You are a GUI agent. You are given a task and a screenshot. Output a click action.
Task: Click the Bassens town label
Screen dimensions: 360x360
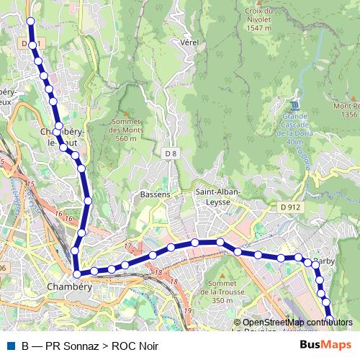pos(155,195)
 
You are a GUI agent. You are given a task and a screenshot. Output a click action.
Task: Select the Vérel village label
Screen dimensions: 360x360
pos(190,42)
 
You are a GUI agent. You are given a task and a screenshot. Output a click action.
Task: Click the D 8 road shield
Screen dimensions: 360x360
pos(170,153)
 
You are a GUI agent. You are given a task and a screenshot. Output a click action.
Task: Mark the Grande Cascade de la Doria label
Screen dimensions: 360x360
pos(295,127)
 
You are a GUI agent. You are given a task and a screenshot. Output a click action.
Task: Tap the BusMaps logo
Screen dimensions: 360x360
pos(325,344)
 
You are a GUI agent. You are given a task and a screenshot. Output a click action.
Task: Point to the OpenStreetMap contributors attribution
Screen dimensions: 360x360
pos(293,322)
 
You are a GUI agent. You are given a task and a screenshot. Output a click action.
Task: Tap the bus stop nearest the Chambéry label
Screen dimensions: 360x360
pos(77,273)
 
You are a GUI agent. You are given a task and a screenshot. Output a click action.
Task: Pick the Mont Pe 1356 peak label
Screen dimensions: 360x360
pos(346,110)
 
